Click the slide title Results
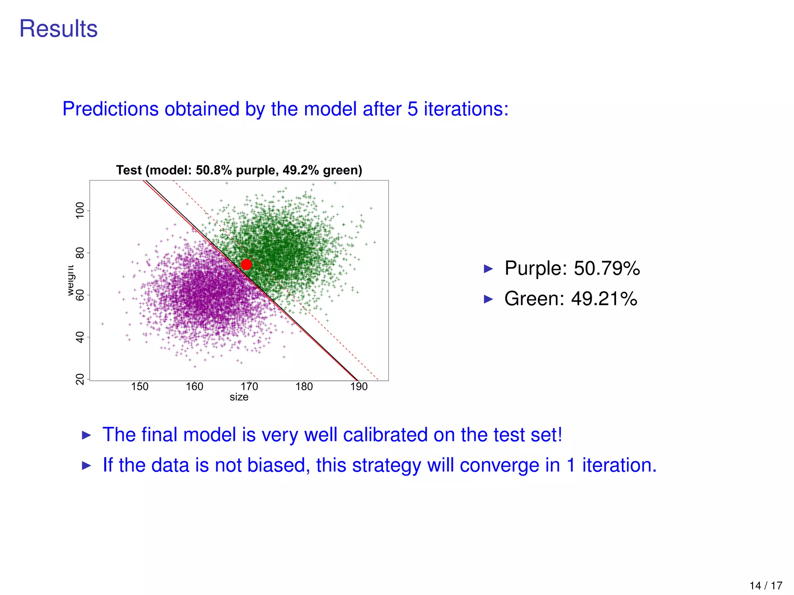[x=59, y=29]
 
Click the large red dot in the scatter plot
[x=246, y=265]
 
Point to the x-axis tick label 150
[x=140, y=387]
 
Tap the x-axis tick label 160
[x=194, y=387]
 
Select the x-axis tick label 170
[x=249, y=387]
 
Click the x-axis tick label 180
[x=304, y=387]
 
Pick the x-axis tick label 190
[x=359, y=387]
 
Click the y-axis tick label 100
[x=80, y=210]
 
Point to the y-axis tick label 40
[x=80, y=337]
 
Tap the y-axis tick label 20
[x=80, y=379]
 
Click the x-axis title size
[x=239, y=397]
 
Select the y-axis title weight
[x=70, y=280]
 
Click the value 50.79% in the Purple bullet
[x=607, y=268]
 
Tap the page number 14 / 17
[x=766, y=585]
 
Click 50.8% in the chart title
[x=214, y=170]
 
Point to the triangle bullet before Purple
[x=488, y=269]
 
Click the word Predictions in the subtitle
[x=110, y=109]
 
